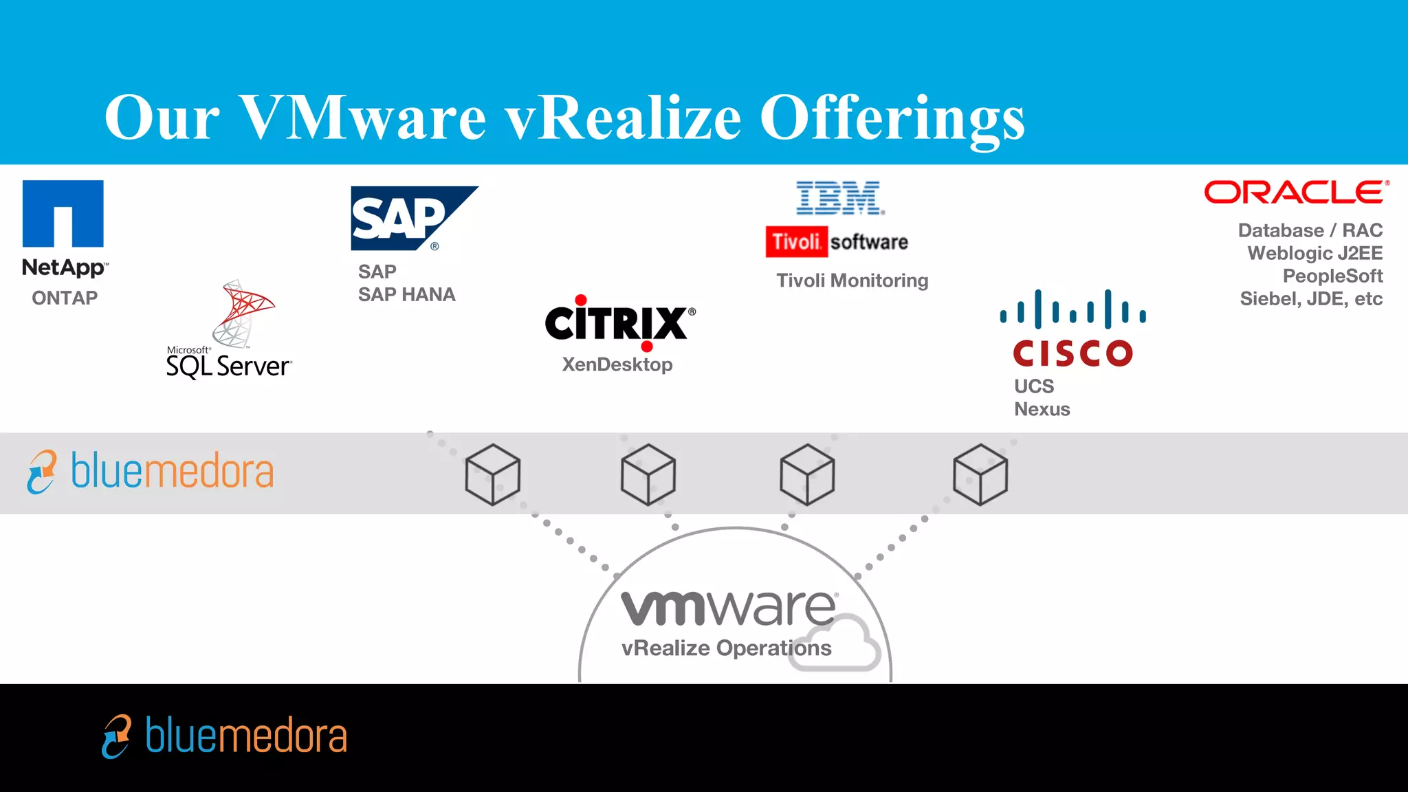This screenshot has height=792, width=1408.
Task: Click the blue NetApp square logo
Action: tap(63, 213)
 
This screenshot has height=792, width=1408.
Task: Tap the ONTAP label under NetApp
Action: tap(65, 298)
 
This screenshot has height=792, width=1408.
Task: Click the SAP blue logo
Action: tap(406, 218)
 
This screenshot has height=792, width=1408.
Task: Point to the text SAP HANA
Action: tap(406, 294)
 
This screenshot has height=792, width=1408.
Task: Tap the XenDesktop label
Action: tap(617, 364)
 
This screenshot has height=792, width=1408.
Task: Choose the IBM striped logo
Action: tap(839, 198)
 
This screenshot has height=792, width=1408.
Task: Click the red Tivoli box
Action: tap(796, 242)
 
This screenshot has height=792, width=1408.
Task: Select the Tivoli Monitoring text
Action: tap(852, 280)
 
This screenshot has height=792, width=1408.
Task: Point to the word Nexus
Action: tap(1042, 409)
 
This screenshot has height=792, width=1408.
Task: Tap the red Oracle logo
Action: tap(1296, 192)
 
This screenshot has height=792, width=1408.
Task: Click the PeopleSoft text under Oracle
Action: tap(1332, 276)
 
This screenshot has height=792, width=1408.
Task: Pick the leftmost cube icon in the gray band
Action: tap(492, 474)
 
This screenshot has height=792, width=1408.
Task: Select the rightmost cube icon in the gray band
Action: tap(980, 474)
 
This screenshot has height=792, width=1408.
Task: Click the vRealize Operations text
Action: tap(726, 648)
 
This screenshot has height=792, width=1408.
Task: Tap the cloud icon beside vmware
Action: tap(835, 643)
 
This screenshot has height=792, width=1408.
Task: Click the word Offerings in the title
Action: tap(892, 118)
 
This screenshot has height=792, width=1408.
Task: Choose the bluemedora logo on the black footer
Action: tap(225, 736)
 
